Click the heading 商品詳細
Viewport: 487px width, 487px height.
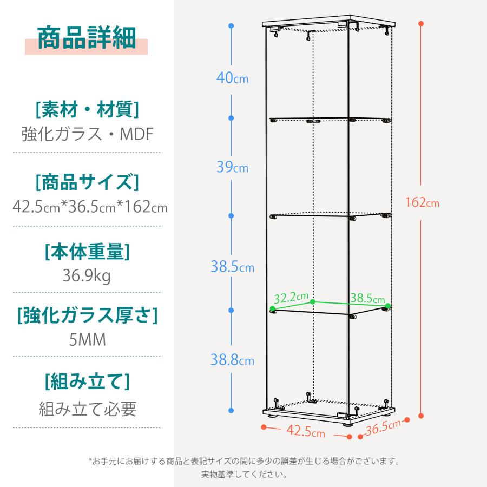(x=87, y=38)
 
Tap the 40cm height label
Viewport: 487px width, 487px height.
(x=232, y=77)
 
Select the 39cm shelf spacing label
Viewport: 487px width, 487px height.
(x=232, y=167)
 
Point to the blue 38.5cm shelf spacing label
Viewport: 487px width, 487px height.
(x=232, y=266)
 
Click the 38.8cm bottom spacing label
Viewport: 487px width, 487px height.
(x=232, y=360)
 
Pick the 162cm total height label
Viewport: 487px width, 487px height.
(x=422, y=202)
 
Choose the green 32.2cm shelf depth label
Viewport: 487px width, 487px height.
(x=291, y=298)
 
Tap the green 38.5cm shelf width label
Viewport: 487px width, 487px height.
(x=367, y=298)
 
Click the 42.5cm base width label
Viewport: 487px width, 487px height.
(x=306, y=431)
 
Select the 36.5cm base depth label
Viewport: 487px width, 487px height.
(x=383, y=427)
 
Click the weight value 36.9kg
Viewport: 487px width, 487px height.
(x=87, y=275)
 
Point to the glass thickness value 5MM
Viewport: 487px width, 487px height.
(x=87, y=339)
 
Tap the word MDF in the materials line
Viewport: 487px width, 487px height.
(x=137, y=134)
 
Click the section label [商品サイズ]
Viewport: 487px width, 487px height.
(x=87, y=182)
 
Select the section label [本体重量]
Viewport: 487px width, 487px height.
(x=87, y=251)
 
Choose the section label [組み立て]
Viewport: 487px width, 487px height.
(x=87, y=381)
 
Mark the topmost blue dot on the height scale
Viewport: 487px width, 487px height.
(x=231, y=26)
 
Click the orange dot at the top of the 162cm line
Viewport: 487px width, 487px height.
(x=421, y=24)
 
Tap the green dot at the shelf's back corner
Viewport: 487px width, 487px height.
(x=313, y=301)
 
